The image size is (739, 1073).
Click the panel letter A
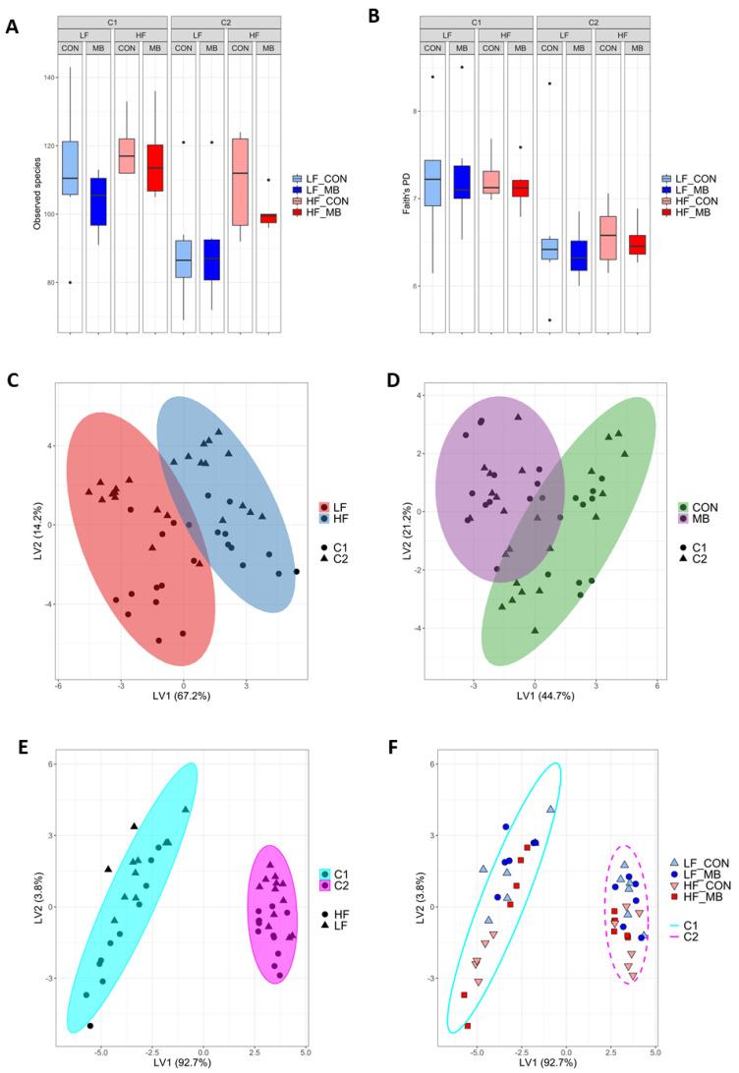(x=13, y=28)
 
